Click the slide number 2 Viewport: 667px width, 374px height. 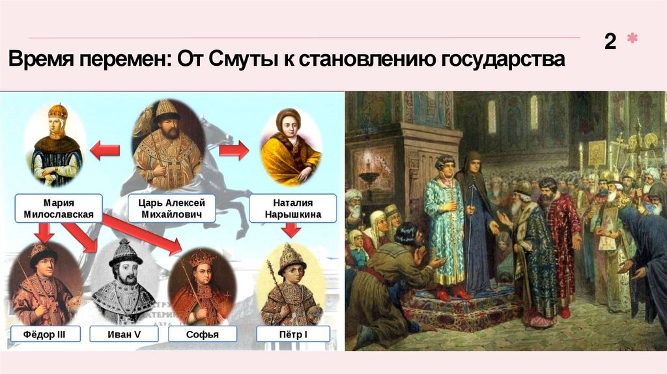(610, 42)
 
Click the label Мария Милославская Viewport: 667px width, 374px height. (56, 209)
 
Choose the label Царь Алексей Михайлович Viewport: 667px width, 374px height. (169, 209)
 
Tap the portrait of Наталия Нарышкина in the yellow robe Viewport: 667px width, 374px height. (291, 149)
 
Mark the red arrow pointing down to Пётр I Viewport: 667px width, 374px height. (291, 230)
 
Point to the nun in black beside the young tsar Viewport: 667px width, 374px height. (475, 228)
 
